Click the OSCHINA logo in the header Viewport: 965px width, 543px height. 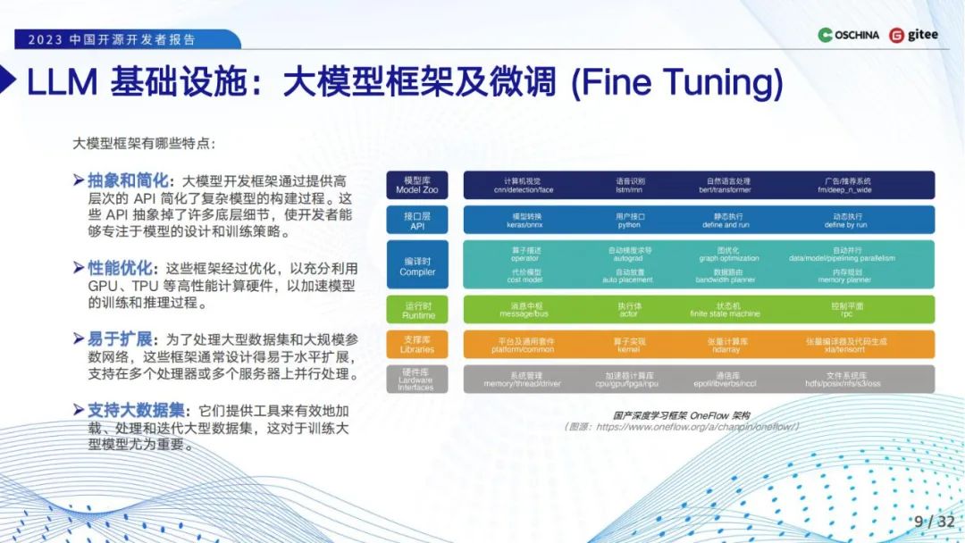pyautogui.click(x=849, y=35)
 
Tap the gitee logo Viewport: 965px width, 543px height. pyautogui.click(x=913, y=35)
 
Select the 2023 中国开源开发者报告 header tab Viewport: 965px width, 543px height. pyautogui.click(x=112, y=39)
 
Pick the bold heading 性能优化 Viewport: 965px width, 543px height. pyautogui.click(x=120, y=267)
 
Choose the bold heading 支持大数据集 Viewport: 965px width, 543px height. pyautogui.click(x=135, y=410)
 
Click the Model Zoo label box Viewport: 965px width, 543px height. pyautogui.click(x=418, y=185)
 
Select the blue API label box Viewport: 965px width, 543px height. pyautogui.click(x=418, y=220)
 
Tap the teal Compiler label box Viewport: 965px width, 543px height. pyautogui.click(x=418, y=264)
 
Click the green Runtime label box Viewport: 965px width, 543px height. pyautogui.click(x=418, y=309)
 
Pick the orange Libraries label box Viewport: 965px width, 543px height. pyautogui.click(x=418, y=344)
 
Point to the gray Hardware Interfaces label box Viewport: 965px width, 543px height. pyautogui.click(x=418, y=379)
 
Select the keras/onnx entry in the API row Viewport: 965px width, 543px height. pyautogui.click(x=524, y=224)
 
